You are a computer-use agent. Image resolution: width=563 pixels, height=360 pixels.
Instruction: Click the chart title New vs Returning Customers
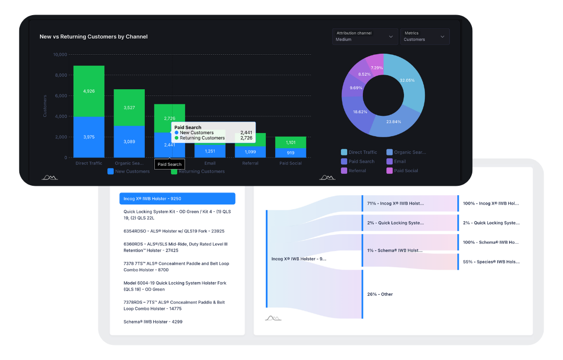pos(93,37)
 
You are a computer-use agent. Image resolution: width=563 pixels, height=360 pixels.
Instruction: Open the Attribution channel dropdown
pos(364,36)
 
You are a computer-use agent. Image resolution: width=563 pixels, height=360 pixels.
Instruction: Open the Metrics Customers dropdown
pos(424,36)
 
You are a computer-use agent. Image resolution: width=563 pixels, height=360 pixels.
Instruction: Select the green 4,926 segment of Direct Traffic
pos(89,91)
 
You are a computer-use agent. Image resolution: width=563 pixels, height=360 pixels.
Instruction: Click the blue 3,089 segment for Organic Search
pos(129,141)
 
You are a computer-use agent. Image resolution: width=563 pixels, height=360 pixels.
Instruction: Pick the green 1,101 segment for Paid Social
pos(290,142)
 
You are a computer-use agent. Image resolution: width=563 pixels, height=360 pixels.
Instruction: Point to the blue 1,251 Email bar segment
pos(210,151)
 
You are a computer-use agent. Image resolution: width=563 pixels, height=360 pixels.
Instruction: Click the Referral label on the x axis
pos(250,163)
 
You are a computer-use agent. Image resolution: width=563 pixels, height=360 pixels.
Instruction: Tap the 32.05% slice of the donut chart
pos(407,80)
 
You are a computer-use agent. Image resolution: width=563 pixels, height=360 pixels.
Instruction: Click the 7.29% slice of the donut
pos(376,68)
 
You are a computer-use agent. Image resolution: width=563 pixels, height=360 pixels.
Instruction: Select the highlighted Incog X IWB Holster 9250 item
pos(177,198)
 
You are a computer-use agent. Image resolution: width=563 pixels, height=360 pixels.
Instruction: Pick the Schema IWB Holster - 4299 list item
pos(153,322)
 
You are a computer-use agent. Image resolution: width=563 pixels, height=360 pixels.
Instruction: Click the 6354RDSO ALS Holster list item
pos(174,231)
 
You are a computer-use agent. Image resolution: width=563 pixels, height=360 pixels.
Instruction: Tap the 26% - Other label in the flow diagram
pos(380,294)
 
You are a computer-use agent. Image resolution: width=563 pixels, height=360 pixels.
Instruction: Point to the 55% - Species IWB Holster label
pos(491,262)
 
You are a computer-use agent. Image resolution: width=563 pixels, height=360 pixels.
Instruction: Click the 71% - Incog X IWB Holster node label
pos(395,203)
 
